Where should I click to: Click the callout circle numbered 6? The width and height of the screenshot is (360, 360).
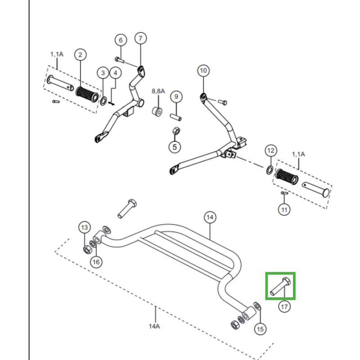point(121,40)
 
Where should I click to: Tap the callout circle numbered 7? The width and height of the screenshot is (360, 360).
point(140,38)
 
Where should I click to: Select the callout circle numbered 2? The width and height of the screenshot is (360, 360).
point(81,54)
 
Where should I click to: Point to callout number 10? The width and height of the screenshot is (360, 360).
point(203,71)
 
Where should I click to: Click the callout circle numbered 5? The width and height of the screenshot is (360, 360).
point(175,147)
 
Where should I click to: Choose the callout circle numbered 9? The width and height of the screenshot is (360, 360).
point(176,97)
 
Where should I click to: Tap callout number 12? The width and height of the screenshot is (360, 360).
point(271,151)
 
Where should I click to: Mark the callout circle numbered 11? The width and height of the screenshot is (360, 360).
point(284,210)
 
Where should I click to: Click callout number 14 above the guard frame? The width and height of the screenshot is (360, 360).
point(210,217)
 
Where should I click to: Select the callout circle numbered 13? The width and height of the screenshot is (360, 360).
point(85,227)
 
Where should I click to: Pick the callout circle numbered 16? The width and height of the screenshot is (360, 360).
point(96,262)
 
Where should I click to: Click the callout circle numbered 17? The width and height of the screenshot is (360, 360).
point(284,307)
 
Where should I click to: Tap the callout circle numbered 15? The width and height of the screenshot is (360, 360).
point(260,329)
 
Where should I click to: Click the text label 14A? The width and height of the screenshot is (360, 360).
point(154,326)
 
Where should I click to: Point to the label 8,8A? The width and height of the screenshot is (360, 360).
point(158,91)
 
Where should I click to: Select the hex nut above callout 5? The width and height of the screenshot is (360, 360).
point(176,131)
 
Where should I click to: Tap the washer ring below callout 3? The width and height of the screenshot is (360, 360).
point(103,101)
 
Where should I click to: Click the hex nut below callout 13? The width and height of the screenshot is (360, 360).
point(87,249)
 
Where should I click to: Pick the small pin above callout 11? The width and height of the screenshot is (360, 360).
point(285,193)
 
